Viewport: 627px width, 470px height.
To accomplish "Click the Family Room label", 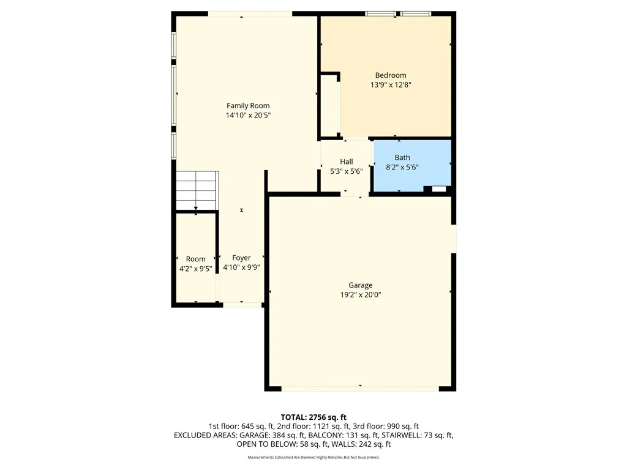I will point(248,106).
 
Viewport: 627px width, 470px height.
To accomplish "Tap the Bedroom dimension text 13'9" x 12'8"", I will point(391,85).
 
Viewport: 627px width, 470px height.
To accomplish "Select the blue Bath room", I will point(411,177).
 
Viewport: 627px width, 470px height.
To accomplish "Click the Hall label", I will point(347,162).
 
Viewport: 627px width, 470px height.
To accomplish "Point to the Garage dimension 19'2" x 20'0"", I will point(361,294).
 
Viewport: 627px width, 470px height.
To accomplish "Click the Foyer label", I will point(241,258).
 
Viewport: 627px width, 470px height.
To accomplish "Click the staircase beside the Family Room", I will point(197,190).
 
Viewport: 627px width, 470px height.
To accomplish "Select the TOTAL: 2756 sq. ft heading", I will point(313,417).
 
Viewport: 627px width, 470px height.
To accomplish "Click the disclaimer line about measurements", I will point(313,457).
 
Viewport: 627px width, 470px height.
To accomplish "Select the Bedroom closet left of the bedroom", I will point(331,106).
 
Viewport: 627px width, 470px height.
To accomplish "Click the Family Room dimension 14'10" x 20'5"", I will point(248,115).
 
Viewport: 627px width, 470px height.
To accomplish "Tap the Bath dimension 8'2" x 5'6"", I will point(402,166).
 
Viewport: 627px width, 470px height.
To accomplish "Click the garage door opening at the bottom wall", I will point(360,387).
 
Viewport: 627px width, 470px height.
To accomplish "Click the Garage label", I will point(361,285).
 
